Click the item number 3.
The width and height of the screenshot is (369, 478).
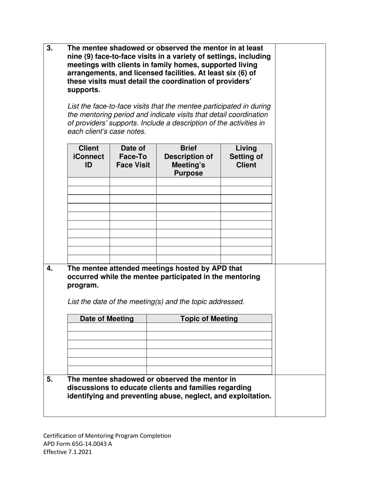(x=50, y=48)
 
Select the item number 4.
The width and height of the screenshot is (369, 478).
(x=50, y=268)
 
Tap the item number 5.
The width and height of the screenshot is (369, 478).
(x=50, y=379)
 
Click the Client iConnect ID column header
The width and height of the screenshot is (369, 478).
(x=89, y=157)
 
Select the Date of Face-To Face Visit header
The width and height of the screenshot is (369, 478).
(x=133, y=157)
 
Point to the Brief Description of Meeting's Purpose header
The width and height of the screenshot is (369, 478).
(x=188, y=160)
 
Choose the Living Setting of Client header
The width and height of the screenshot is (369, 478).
(x=246, y=157)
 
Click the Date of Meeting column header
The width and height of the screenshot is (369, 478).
(x=107, y=319)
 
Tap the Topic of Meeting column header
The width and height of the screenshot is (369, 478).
(x=209, y=319)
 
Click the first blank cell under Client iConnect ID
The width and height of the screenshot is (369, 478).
(x=89, y=181)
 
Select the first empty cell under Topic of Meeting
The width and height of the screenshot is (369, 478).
(x=209, y=327)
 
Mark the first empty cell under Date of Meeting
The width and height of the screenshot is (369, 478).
(x=107, y=327)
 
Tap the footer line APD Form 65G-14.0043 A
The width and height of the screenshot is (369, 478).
(x=78, y=444)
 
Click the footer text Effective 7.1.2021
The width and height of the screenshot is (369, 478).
(x=68, y=452)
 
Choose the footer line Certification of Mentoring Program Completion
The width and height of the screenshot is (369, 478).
(x=107, y=436)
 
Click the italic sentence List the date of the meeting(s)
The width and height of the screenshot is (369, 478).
(x=156, y=302)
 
